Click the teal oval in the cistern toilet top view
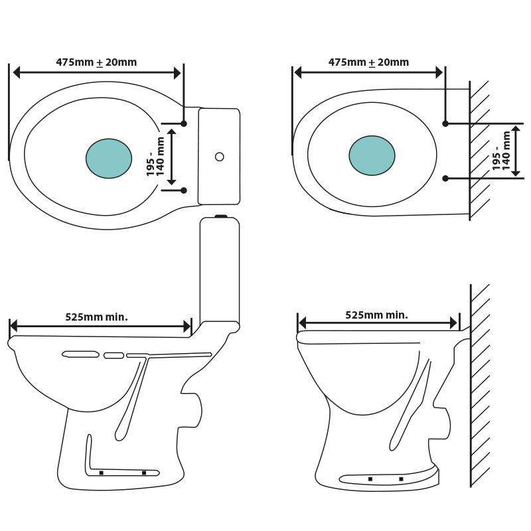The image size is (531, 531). point(109,159)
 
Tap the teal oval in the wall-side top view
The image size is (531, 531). point(372,155)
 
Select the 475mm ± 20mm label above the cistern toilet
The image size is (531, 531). point(96,62)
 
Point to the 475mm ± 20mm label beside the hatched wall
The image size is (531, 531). point(368,62)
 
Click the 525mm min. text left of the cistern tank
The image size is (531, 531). point(96,317)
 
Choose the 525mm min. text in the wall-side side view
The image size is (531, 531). point(376,315)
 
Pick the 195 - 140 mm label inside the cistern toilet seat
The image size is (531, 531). point(155,157)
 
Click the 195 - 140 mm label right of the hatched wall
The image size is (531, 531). point(502,151)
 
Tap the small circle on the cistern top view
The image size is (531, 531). point(220,157)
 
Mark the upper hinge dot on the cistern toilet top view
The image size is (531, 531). point(184,123)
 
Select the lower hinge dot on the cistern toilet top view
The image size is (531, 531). point(184,190)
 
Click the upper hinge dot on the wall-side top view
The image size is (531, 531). point(445,123)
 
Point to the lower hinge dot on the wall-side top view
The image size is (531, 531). point(445,178)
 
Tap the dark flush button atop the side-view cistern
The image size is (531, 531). point(221,216)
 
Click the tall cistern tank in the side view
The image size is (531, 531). point(220,272)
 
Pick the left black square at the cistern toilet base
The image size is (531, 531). point(101,473)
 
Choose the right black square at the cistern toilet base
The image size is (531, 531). point(144,473)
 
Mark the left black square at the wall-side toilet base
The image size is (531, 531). point(370,479)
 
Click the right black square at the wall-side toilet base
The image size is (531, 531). point(401,479)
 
